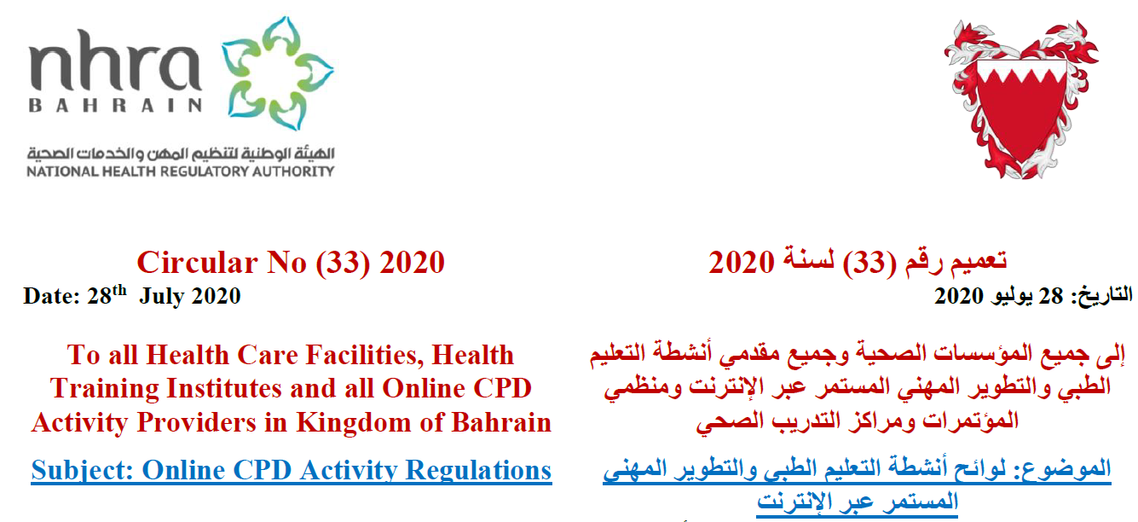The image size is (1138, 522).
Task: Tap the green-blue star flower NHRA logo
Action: coord(277,73)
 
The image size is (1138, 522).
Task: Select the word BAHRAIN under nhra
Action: coord(116,105)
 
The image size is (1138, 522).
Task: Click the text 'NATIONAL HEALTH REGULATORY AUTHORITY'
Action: coord(181,171)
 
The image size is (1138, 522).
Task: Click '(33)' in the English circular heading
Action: coord(342,264)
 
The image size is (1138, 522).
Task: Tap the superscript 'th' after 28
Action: coord(119,290)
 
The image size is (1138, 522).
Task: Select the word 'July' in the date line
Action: coord(162,296)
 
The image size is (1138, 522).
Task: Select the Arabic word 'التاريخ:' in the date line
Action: coord(1101,296)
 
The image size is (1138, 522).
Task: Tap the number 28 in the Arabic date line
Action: coord(1050,296)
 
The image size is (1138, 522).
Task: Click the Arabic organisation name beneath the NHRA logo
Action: coord(181,153)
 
